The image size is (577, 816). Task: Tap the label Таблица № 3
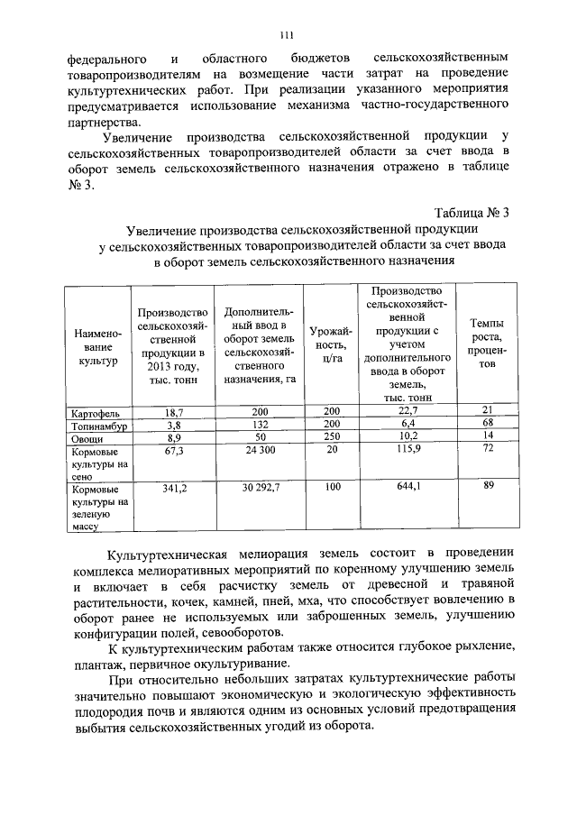(x=472, y=213)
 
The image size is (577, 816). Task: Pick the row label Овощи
(x=87, y=436)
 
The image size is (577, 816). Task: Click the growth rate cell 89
(x=488, y=486)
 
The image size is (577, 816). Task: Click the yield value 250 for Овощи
(x=334, y=436)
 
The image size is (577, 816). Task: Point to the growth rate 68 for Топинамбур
(x=488, y=423)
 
